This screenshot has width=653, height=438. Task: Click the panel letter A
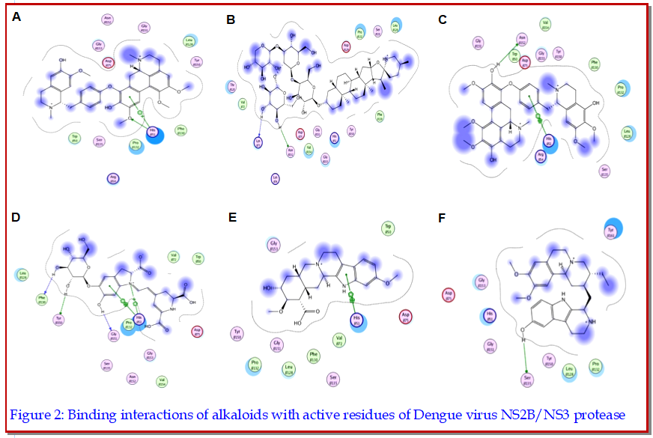pyautogui.click(x=16, y=15)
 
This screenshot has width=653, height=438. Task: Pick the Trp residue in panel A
pyautogui.click(x=74, y=137)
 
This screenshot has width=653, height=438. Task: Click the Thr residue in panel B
pyautogui.click(x=232, y=87)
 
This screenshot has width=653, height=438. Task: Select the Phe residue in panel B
pyautogui.click(x=380, y=116)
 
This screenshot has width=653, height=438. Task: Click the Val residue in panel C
pyautogui.click(x=545, y=25)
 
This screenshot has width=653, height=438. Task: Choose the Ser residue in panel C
pyautogui.click(x=604, y=170)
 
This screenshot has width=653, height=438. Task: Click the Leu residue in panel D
pyautogui.click(x=23, y=275)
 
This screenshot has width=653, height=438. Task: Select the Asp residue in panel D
pyautogui.click(x=198, y=330)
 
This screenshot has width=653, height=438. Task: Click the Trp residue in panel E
pyautogui.click(x=388, y=228)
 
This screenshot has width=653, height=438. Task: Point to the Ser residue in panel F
pyautogui.click(x=529, y=380)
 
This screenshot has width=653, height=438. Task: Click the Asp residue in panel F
pyautogui.click(x=449, y=293)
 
